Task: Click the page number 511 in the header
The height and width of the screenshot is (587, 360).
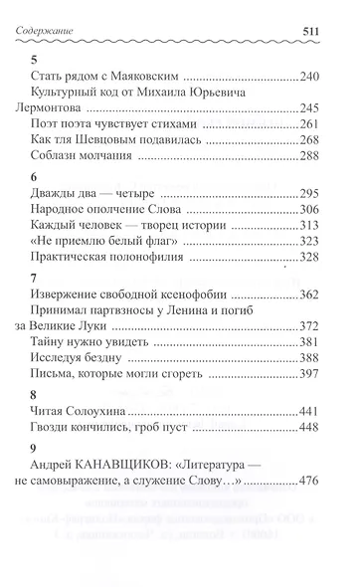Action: (330, 32)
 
